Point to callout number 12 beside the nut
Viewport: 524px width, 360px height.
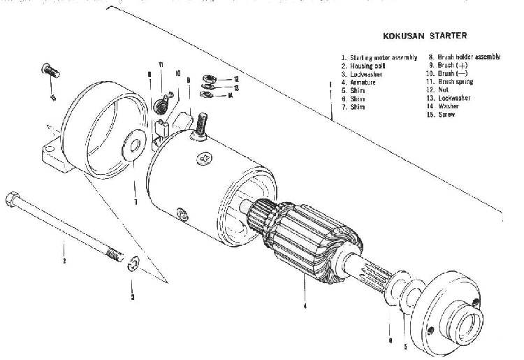[237, 79]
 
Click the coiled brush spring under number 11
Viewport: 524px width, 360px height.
[162, 105]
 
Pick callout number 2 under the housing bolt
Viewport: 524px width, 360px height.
[64, 261]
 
